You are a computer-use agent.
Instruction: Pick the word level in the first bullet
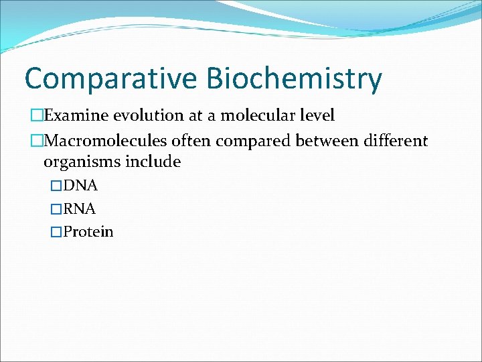pyautogui.click(x=315, y=115)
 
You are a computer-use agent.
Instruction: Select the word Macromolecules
pyautogui.click(x=104, y=141)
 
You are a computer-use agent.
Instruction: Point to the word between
pyautogui.click(x=329, y=141)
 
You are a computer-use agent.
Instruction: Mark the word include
pyautogui.click(x=156, y=162)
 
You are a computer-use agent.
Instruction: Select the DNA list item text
pyautogui.click(x=80, y=186)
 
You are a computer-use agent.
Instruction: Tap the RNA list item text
pyautogui.click(x=80, y=208)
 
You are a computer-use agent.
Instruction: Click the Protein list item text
pyautogui.click(x=88, y=232)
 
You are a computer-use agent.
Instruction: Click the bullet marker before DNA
pyautogui.click(x=56, y=186)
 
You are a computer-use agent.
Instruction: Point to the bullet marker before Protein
pyautogui.click(x=56, y=232)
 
